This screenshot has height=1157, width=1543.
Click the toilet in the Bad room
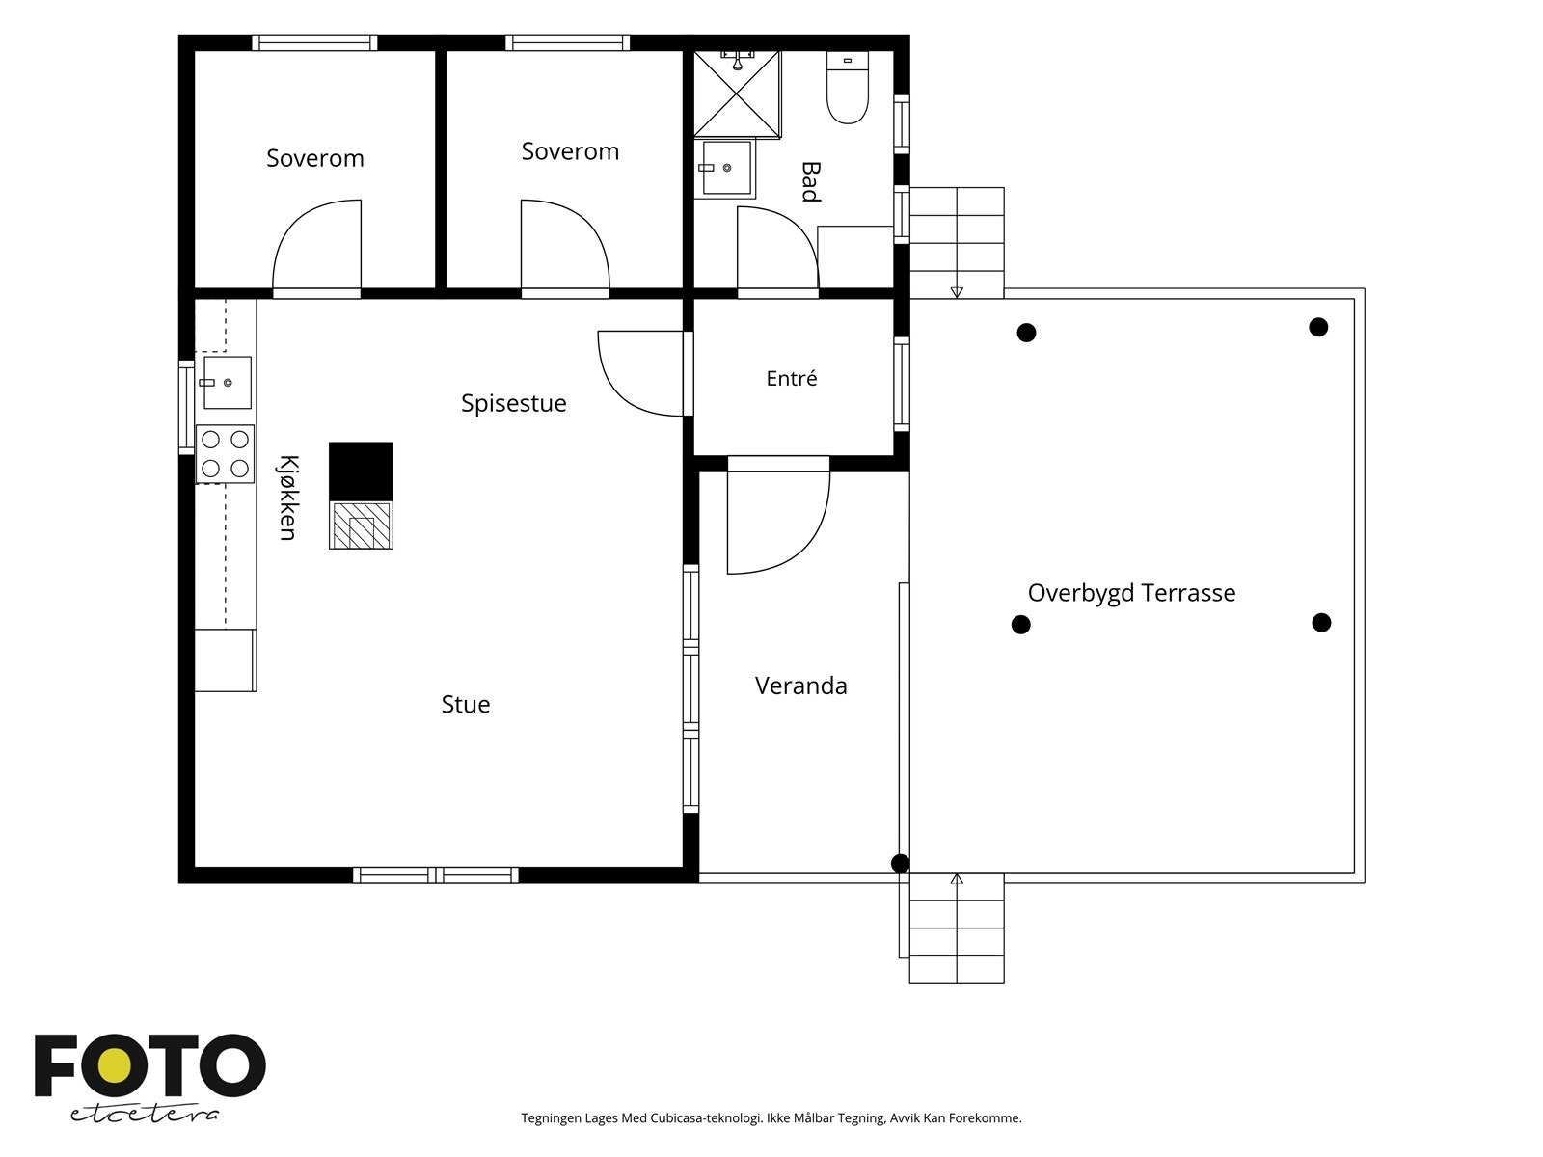pyautogui.click(x=847, y=87)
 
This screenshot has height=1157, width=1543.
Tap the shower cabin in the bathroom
pyautogui.click(x=737, y=94)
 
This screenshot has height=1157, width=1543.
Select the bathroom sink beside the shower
pyautogui.click(x=726, y=168)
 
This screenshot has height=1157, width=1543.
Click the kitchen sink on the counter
pyautogui.click(x=227, y=382)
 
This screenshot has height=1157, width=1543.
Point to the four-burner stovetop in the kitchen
pyautogui.click(x=225, y=454)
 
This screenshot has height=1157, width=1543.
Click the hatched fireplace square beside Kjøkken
pyautogui.click(x=362, y=525)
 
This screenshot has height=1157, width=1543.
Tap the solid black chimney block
pyautogui.click(x=362, y=472)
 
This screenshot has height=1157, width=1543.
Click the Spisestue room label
pyautogui.click(x=513, y=403)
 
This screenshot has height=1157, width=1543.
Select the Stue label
pyautogui.click(x=466, y=704)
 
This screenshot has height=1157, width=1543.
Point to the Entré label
pyautogui.click(x=792, y=378)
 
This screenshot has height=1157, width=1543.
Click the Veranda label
pyautogui.click(x=800, y=686)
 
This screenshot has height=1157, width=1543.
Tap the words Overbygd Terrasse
pyautogui.click(x=1131, y=593)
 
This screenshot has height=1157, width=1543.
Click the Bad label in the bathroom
pyautogui.click(x=810, y=182)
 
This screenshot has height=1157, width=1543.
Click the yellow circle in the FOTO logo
pyautogui.click(x=114, y=1066)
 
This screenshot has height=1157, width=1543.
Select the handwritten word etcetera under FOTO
pyautogui.click(x=145, y=1114)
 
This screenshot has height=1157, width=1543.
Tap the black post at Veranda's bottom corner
pyautogui.click(x=900, y=863)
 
